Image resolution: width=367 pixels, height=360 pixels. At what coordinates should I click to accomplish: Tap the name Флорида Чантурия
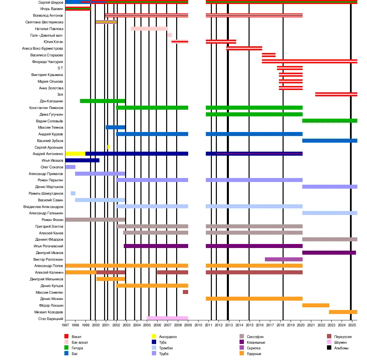coord(47,62)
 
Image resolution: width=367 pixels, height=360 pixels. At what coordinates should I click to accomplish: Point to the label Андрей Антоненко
coord(48,154)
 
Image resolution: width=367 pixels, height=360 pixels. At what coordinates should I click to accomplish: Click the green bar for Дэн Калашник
coord(102,101)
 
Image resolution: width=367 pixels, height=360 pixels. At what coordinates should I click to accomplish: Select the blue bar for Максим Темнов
coord(115,127)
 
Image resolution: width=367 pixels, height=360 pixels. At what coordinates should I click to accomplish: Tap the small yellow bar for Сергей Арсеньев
coord(108,147)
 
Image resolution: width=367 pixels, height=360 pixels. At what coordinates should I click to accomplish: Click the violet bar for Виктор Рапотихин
coord(284,259)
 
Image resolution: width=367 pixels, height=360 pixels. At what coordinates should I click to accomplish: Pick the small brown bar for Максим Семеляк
coord(186,292)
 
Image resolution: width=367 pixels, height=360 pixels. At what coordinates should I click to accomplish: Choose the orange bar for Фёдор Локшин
coord(316,305)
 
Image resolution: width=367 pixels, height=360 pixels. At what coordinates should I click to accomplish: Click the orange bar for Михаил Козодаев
coord(343,312)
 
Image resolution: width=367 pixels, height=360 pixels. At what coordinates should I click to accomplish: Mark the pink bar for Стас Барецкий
coord(167,318)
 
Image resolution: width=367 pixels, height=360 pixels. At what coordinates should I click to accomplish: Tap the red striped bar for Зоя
coord(336,94)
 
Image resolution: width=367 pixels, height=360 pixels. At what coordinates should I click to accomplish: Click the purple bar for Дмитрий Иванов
coord(329,253)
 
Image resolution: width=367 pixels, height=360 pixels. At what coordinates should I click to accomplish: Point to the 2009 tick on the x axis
coord(188,325)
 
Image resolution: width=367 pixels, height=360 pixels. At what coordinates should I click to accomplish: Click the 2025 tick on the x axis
coord(352,325)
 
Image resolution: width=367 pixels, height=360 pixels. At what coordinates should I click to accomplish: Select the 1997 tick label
coord(65,325)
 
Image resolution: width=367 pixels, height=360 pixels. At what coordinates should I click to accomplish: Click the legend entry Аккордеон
coord(168,337)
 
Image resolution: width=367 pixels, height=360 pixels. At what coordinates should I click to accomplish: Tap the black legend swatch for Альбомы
coord(329,348)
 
